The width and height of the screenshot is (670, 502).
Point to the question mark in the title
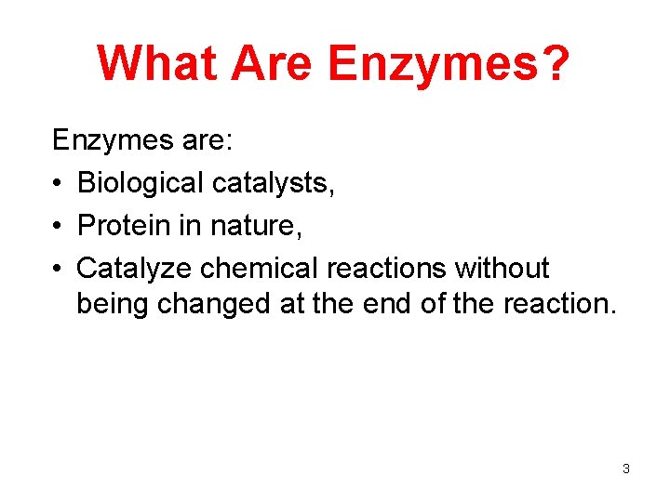(x=554, y=63)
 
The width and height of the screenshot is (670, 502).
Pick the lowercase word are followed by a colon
(x=210, y=141)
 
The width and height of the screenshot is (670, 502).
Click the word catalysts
(x=274, y=184)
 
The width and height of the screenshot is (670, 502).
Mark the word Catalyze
(x=135, y=269)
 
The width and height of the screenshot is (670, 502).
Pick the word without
(x=502, y=269)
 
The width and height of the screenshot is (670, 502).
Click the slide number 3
(x=626, y=469)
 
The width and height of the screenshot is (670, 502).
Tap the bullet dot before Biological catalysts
(x=58, y=184)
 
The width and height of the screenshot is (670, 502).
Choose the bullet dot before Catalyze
(x=58, y=269)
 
